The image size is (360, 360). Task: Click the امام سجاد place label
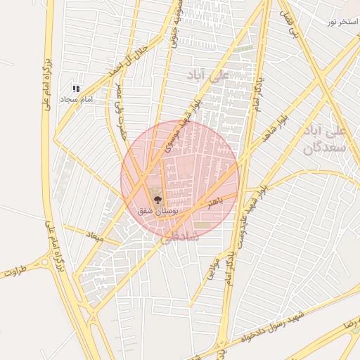click(x=77, y=101)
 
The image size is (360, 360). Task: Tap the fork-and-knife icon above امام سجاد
click(x=76, y=89)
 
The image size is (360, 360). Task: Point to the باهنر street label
click(x=210, y=202)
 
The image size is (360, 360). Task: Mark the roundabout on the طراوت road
click(x=46, y=263)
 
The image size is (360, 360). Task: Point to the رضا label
click(x=350, y=327)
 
